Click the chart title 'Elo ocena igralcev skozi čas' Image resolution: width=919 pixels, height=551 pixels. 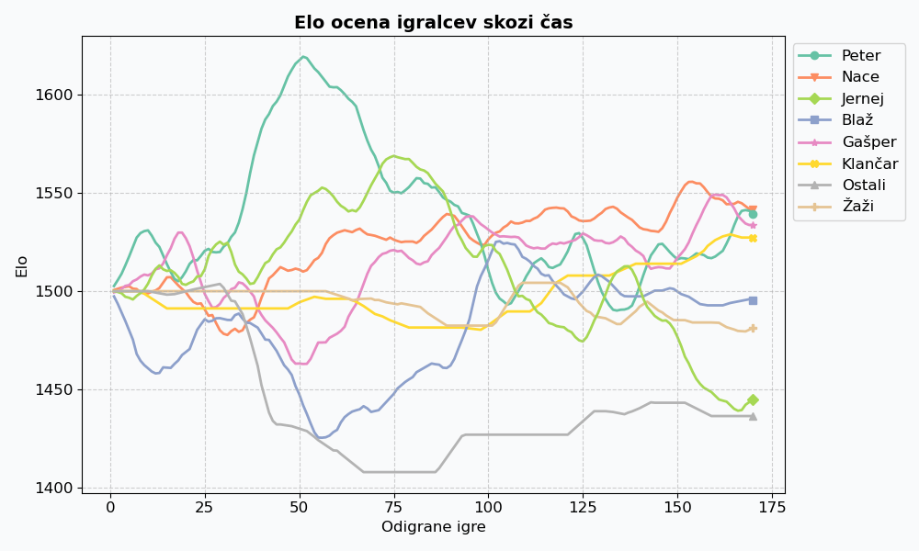(433, 23)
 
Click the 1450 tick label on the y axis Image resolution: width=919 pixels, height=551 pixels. (54, 389)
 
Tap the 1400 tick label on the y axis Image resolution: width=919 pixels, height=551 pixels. (54, 488)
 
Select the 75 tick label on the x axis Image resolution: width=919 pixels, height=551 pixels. (394, 507)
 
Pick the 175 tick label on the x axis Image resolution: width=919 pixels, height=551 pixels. (772, 507)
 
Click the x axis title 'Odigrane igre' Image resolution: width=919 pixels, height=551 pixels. (433, 527)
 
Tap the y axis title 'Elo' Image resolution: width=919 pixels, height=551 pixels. (22, 264)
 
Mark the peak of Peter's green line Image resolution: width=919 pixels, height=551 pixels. (303, 57)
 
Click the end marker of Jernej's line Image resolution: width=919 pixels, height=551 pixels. (753, 399)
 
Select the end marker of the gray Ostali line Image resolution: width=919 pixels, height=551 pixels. (753, 416)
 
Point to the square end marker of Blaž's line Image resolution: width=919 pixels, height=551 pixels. (753, 300)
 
